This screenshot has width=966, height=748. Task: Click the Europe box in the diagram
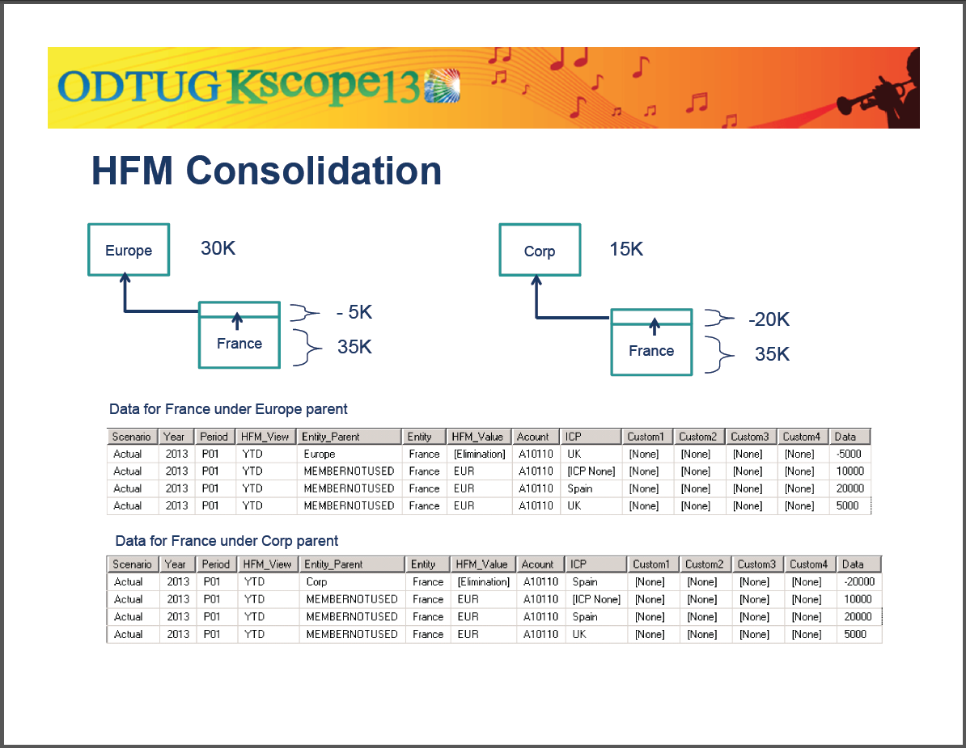(x=129, y=250)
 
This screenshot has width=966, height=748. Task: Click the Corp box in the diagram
(x=539, y=251)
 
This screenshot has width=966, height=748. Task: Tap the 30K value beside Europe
(x=218, y=248)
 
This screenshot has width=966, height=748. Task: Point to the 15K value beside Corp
(x=626, y=249)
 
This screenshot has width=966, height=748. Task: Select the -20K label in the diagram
(x=769, y=319)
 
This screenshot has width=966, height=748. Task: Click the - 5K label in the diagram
(x=354, y=313)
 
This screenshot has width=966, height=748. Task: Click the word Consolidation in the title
(x=314, y=171)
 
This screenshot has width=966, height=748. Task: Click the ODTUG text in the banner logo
(x=138, y=87)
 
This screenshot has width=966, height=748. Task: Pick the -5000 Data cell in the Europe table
(x=849, y=454)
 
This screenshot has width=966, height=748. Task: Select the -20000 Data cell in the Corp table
(x=858, y=582)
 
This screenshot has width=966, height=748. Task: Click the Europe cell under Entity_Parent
(x=320, y=454)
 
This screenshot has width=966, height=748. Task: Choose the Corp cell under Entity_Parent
(x=317, y=582)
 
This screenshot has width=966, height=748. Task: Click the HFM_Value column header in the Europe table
(x=478, y=437)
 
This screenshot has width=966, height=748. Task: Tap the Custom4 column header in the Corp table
(x=808, y=564)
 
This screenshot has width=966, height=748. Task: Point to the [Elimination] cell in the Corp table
(x=483, y=582)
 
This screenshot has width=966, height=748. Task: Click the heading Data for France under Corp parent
(x=227, y=541)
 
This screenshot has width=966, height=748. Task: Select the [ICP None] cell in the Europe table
(x=591, y=471)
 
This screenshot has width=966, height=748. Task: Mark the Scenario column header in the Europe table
(x=132, y=437)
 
